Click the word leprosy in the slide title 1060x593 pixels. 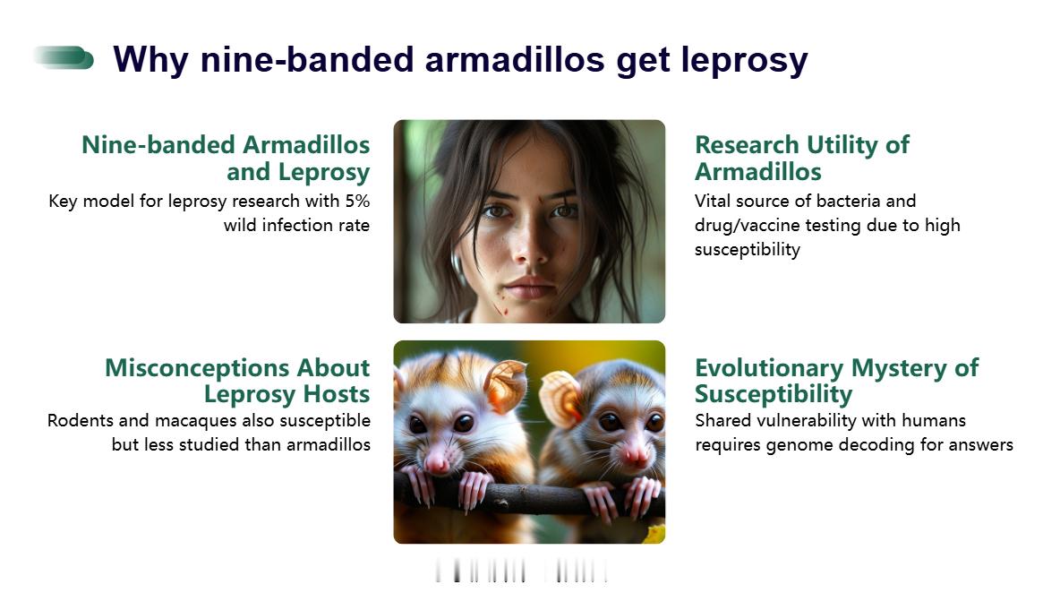tap(744, 61)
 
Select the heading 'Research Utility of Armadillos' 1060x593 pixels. tap(802, 158)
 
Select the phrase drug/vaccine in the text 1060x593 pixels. tap(743, 226)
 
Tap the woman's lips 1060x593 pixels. tap(530, 287)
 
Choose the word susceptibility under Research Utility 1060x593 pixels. tap(748, 250)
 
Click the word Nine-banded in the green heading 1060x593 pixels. tap(158, 145)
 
